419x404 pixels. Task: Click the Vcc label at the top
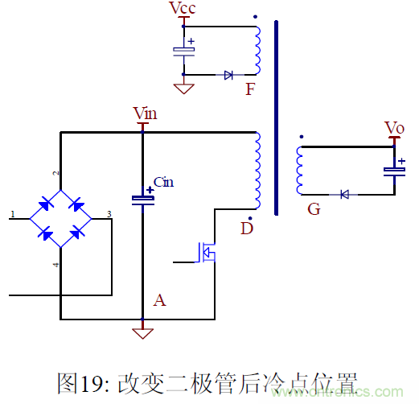[x=182, y=9]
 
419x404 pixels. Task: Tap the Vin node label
[x=145, y=113]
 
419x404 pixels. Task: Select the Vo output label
[x=394, y=129]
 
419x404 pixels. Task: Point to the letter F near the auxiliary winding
[x=250, y=89]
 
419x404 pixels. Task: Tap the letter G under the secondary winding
[x=314, y=210]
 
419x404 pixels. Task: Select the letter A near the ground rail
[x=159, y=300]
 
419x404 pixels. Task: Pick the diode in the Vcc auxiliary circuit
[x=228, y=75]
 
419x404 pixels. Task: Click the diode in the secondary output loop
[x=343, y=194]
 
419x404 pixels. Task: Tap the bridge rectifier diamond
[x=61, y=216]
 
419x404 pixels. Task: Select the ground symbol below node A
[x=142, y=331]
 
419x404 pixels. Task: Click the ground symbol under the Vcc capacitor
[x=184, y=85]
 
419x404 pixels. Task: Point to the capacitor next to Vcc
[x=184, y=50]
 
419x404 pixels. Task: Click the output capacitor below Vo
[x=394, y=170]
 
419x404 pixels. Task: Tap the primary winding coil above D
[x=257, y=169]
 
